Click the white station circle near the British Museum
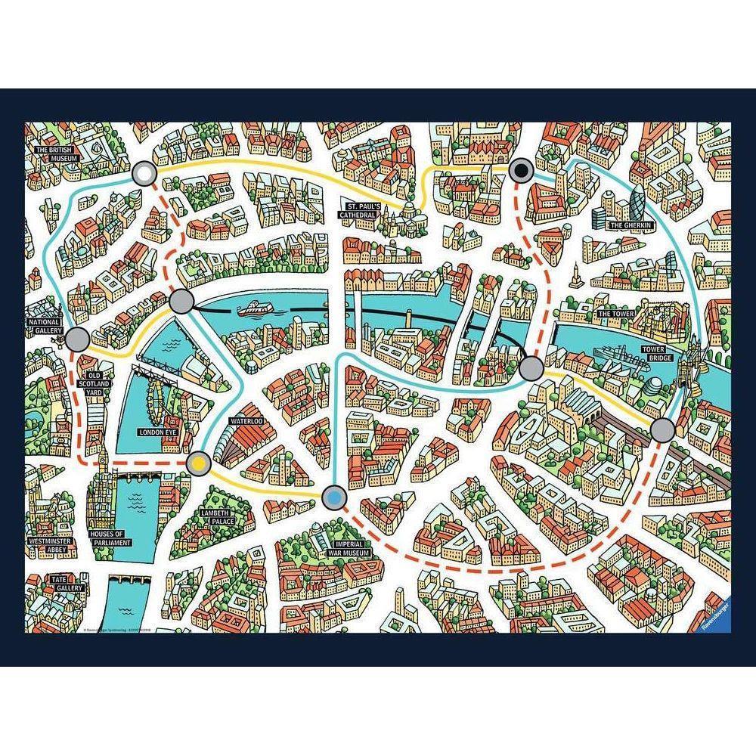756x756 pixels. tap(144, 175)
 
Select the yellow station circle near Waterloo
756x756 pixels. tap(198, 461)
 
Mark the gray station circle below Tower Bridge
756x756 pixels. tap(662, 429)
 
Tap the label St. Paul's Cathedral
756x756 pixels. tap(361, 210)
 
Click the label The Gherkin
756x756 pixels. tap(631, 225)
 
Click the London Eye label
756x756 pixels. tap(157, 433)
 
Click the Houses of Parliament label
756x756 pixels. tap(110, 539)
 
